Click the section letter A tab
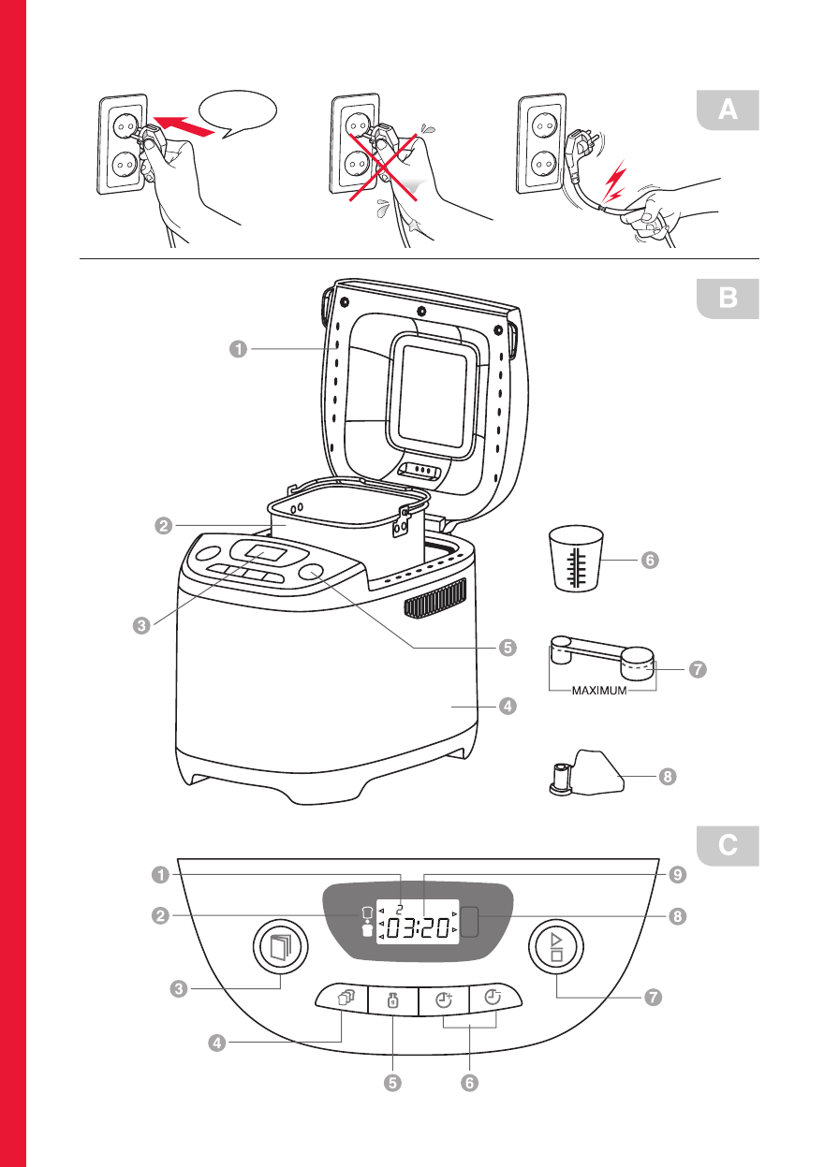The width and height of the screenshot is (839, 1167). coord(727,110)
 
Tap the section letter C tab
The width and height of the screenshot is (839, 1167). coord(727,846)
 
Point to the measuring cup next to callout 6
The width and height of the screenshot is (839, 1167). coord(575,559)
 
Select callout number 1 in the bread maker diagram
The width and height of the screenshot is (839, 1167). coord(239,349)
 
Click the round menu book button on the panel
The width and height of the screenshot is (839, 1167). coord(281,948)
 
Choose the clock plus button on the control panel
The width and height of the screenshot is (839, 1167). coord(443,999)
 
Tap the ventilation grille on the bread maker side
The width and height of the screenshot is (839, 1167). coord(436,598)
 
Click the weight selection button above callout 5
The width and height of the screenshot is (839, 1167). coord(392,1000)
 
